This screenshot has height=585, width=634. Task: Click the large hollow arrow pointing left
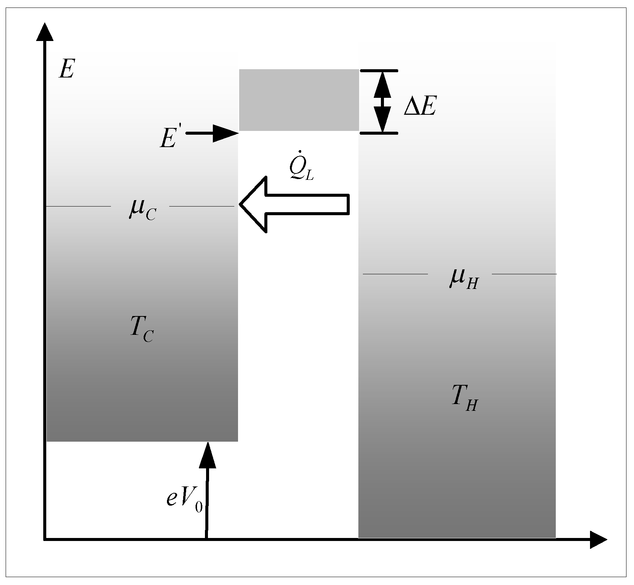(x=295, y=204)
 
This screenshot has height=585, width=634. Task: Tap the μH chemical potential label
(x=463, y=278)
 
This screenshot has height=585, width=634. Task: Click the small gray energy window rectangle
(x=299, y=100)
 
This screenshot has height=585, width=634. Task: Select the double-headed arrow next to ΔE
(x=382, y=102)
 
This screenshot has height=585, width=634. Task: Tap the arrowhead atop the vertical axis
(x=44, y=32)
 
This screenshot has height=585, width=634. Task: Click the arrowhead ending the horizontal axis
(x=598, y=539)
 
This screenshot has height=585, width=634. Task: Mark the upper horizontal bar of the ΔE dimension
(x=379, y=71)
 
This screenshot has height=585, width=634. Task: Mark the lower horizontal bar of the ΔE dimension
(x=379, y=133)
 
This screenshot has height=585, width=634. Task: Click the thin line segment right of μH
(x=524, y=274)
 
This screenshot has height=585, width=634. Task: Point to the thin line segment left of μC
(x=78, y=206)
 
